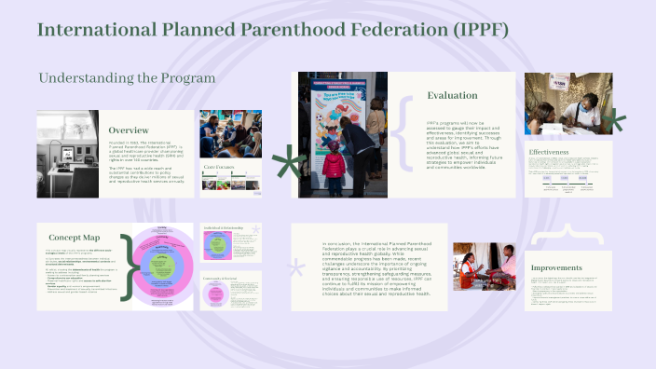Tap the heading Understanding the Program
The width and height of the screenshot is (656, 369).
pos(127,77)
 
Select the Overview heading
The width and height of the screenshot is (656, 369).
pos(130,130)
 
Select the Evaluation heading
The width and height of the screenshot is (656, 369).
pos(453,95)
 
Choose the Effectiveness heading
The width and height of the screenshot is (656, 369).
pos(555,151)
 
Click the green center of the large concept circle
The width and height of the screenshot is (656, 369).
pos(163,270)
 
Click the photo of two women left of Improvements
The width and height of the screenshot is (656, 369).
pos(484,267)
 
